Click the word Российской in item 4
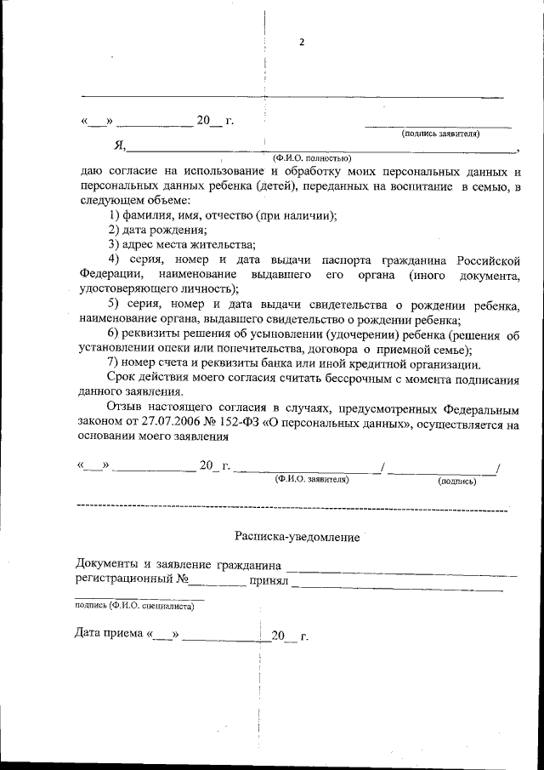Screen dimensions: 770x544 pyautogui.click(x=487, y=259)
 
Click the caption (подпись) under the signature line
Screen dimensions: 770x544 pyautogui.click(x=456, y=481)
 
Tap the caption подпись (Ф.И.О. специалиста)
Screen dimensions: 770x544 pyautogui.click(x=134, y=606)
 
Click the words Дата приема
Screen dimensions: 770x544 pyautogui.click(x=109, y=635)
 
